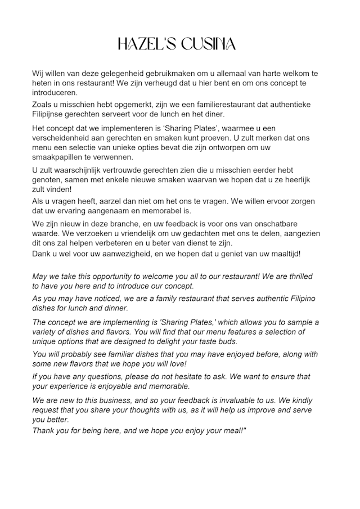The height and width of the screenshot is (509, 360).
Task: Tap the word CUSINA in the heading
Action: tap(208, 45)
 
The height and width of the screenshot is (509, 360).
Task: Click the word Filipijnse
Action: tap(52, 114)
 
